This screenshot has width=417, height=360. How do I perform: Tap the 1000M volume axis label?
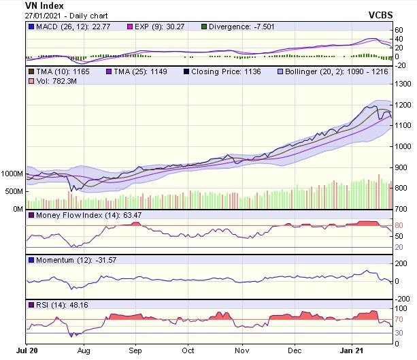tap(12, 174)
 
